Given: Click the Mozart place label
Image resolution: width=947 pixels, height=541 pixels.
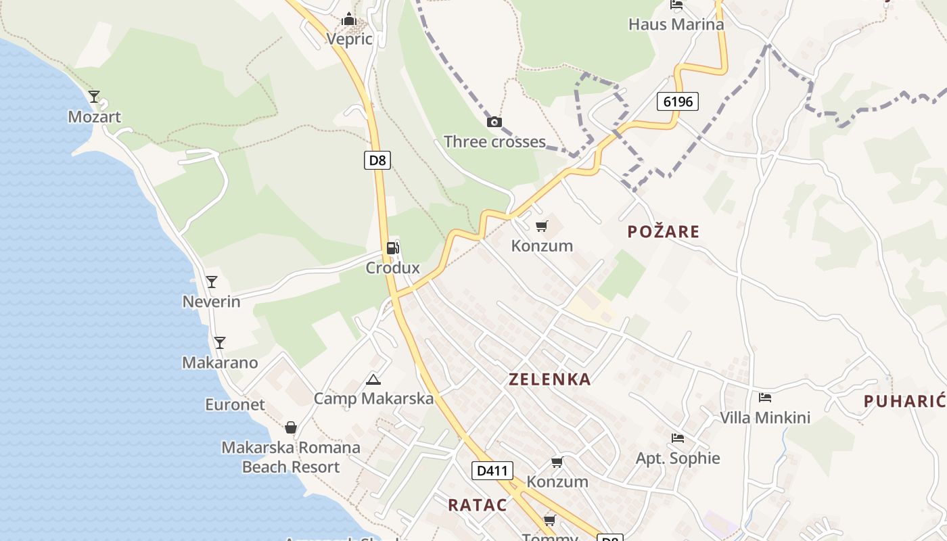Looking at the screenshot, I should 94,117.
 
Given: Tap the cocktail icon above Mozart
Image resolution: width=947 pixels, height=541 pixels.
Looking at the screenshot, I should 94,97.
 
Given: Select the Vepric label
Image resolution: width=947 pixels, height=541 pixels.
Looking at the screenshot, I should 349,39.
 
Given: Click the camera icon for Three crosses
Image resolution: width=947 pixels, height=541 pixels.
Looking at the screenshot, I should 494,122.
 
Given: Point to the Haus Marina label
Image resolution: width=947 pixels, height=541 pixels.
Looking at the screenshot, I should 676,24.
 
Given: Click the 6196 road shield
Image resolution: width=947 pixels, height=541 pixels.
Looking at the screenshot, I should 677,101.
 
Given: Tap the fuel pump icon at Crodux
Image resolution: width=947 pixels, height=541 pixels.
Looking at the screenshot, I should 392,248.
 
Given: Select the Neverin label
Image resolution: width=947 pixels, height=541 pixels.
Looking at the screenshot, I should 211,302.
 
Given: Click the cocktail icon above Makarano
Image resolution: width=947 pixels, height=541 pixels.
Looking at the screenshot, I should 219,343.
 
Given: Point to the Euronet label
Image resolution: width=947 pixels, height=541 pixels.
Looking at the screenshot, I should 235,404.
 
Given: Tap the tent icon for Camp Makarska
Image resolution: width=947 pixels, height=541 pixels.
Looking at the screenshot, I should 373,379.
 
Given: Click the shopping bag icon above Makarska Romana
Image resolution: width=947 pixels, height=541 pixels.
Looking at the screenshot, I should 291,427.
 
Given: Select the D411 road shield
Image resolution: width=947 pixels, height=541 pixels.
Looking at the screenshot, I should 492,470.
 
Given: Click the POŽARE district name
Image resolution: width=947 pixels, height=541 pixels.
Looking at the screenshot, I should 663,231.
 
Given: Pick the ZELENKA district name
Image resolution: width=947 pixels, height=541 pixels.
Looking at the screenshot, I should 549,379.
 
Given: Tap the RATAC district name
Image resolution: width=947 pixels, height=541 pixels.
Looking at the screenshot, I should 477,504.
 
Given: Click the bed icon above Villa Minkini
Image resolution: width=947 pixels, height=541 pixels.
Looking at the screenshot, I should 765,398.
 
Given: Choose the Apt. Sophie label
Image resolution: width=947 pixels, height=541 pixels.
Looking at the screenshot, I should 678,458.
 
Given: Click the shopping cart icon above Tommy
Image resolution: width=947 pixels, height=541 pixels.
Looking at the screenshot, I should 550,520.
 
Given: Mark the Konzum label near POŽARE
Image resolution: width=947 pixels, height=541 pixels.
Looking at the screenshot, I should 542,245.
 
